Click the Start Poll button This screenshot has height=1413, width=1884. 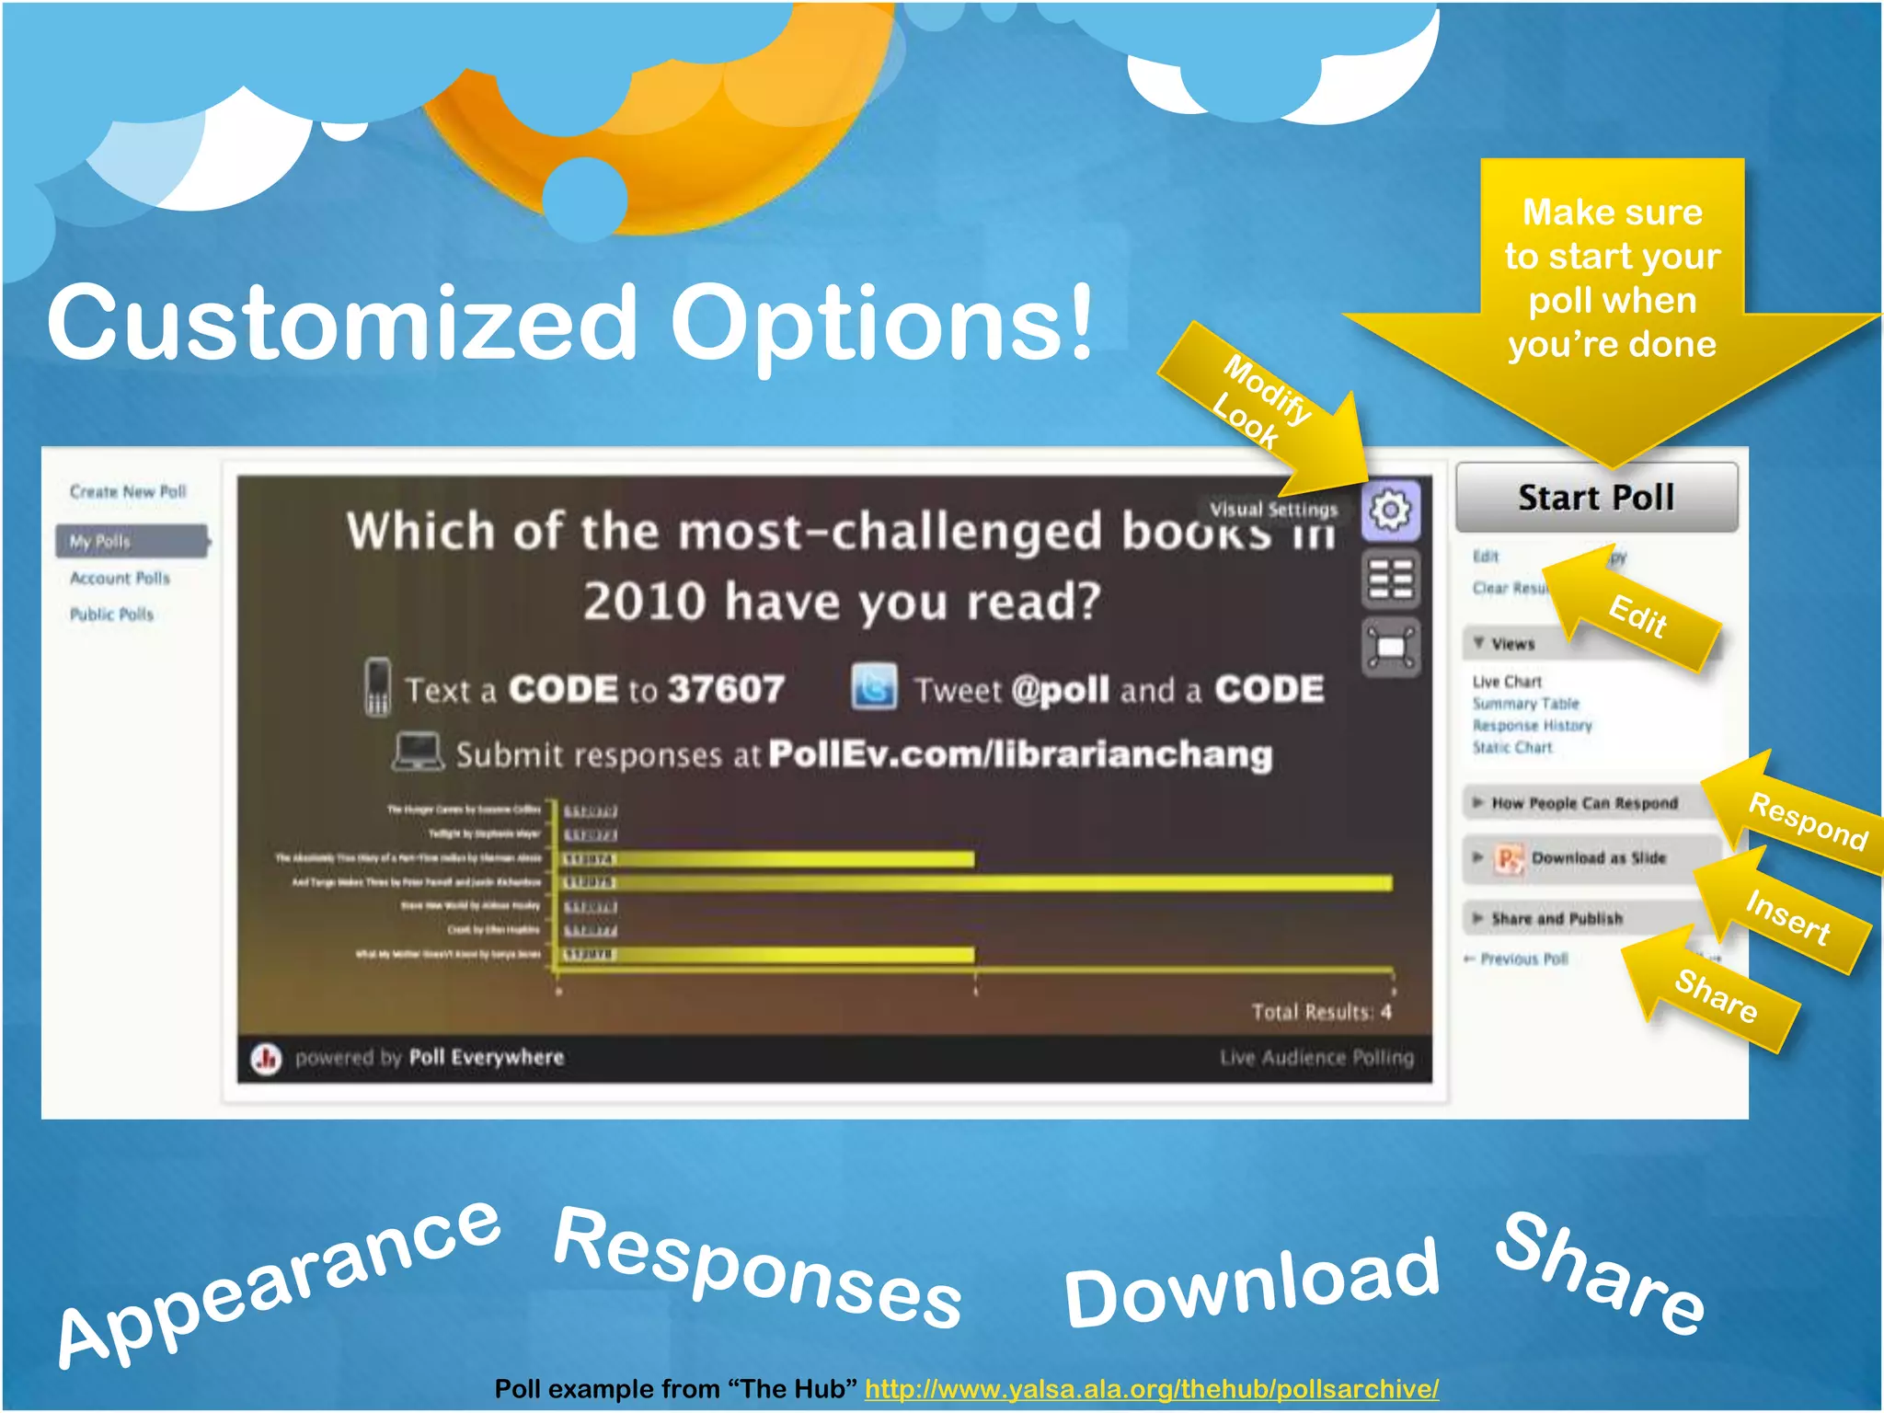[x=1596, y=498]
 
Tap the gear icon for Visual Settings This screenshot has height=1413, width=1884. [x=1390, y=509]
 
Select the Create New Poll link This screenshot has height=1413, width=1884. [x=128, y=492]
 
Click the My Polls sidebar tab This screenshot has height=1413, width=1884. [x=130, y=541]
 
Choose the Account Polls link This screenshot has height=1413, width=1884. [x=121, y=579]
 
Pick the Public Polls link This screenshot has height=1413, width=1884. [x=112, y=615]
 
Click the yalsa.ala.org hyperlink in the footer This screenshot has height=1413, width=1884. [x=1152, y=1388]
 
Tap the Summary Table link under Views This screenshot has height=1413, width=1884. [x=1525, y=704]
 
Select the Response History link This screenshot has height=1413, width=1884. [x=1532, y=726]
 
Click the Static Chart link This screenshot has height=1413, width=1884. [x=1512, y=748]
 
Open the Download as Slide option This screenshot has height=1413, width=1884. [x=1598, y=858]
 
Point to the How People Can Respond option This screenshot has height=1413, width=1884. [x=1584, y=803]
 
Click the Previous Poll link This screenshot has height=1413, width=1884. [x=1523, y=959]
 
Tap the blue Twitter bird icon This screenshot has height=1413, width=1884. [x=874, y=687]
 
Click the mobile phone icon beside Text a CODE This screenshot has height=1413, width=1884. [x=377, y=687]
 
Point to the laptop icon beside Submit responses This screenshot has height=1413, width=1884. [x=418, y=752]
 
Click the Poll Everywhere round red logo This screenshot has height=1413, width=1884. [x=267, y=1059]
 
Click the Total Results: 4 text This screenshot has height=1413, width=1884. [x=1321, y=1012]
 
